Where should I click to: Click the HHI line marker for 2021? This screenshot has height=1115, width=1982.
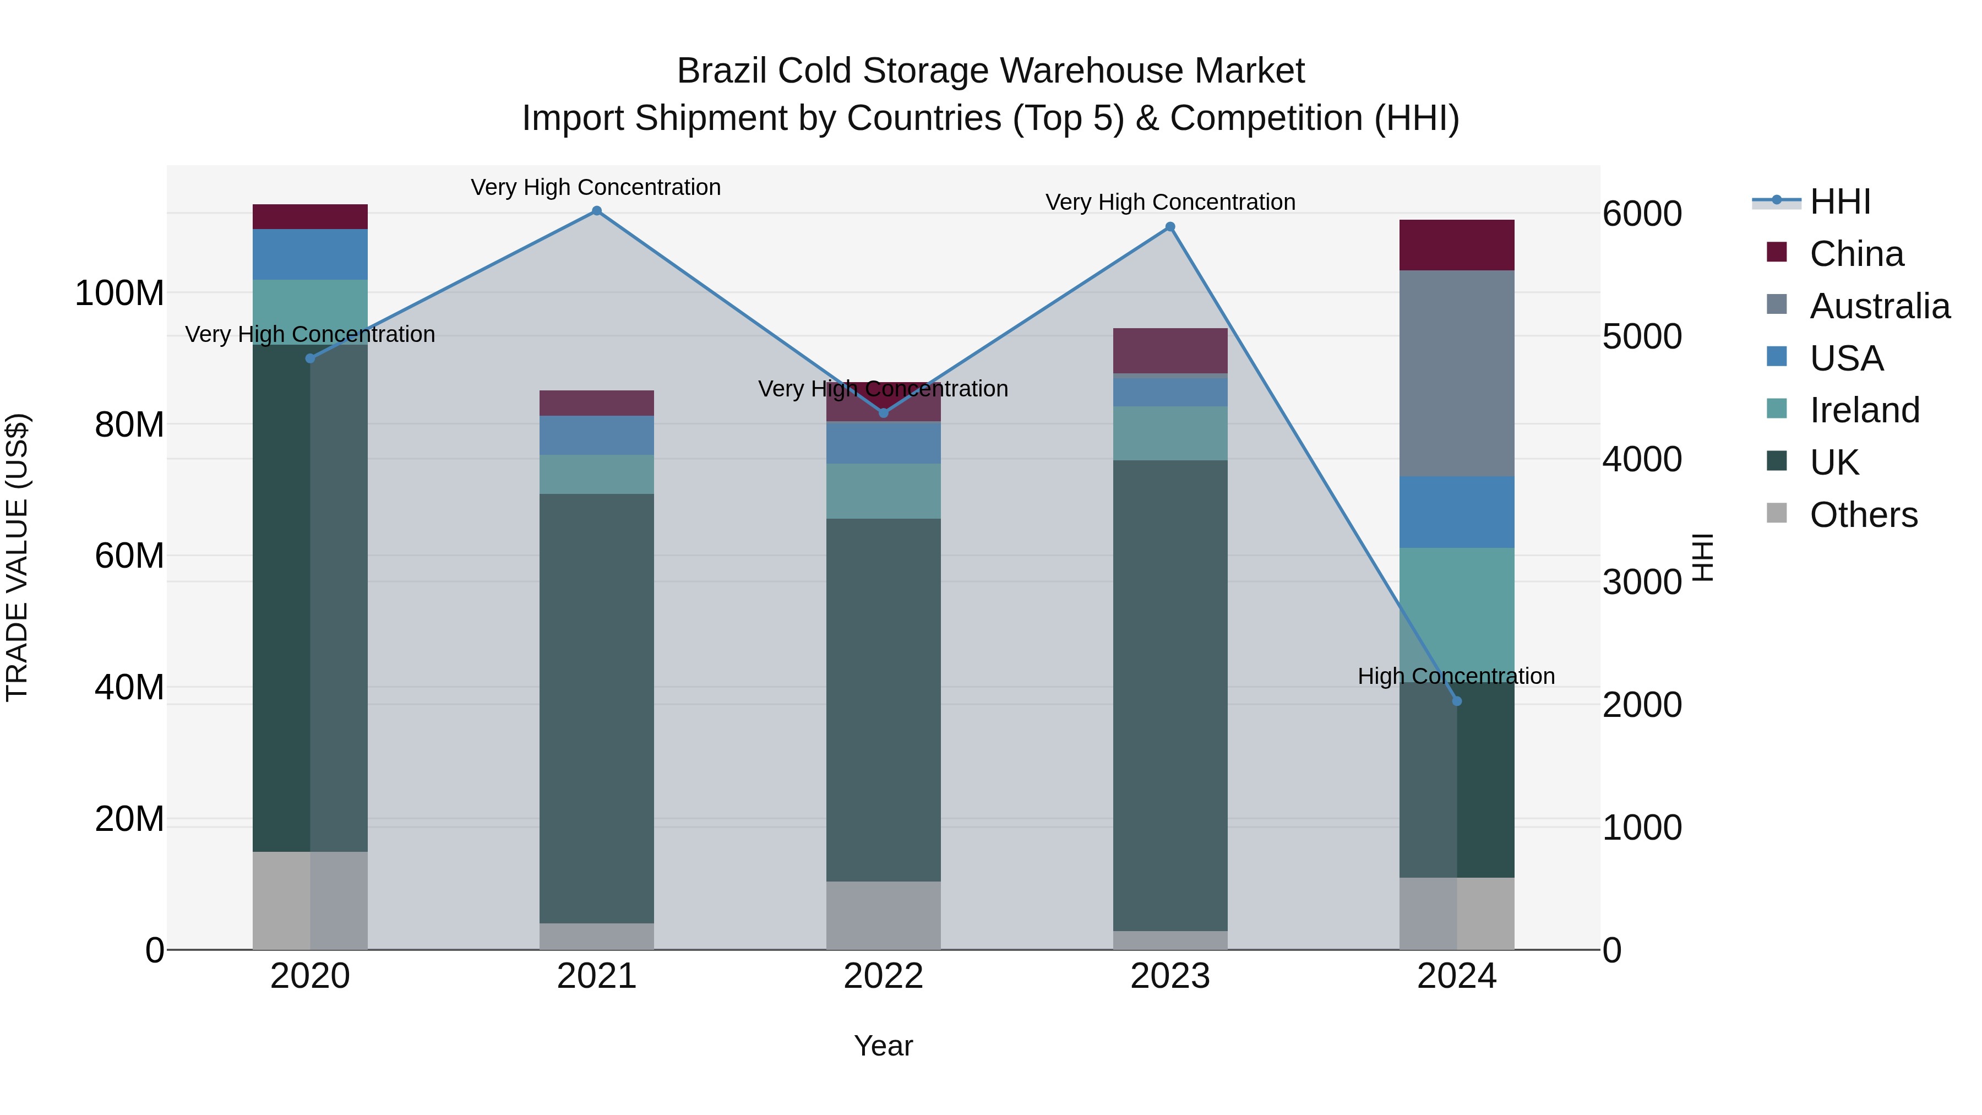(596, 211)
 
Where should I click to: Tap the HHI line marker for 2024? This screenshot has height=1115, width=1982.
(1456, 701)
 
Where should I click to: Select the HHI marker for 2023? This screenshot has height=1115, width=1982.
(1170, 227)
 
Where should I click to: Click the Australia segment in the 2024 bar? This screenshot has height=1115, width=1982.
(1456, 373)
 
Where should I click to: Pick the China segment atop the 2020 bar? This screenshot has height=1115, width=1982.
(310, 216)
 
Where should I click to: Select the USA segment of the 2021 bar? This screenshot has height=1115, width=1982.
(596, 435)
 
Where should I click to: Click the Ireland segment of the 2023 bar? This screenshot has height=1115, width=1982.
(1170, 433)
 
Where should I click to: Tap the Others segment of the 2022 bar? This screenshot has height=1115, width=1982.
(883, 915)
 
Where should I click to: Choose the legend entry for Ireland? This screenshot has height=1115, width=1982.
(1864, 410)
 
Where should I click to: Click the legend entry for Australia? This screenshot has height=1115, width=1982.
(1879, 306)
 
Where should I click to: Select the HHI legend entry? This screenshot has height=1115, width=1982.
(1839, 202)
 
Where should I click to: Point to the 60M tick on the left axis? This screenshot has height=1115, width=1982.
(129, 556)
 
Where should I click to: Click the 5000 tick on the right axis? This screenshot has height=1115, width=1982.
(1642, 336)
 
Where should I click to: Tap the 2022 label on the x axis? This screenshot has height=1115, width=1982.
(883, 976)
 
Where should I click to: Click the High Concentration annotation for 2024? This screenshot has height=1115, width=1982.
(1456, 676)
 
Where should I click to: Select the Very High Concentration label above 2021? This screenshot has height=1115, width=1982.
(596, 187)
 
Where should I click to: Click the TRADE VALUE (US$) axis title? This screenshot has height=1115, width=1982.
(17, 557)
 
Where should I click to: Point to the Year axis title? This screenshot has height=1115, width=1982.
(883, 1046)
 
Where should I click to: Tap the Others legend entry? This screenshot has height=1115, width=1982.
(1862, 515)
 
